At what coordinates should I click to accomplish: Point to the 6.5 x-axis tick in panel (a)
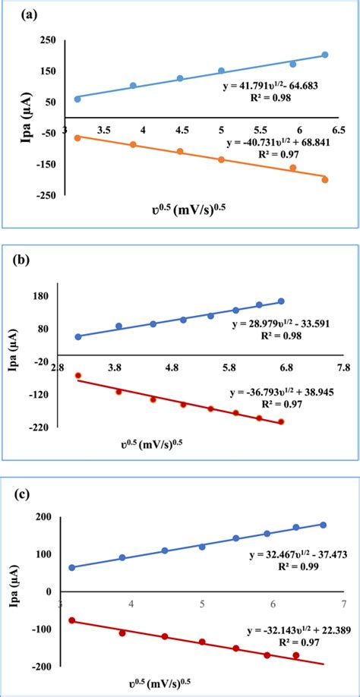(338, 131)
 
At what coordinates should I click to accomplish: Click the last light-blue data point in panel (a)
(325, 55)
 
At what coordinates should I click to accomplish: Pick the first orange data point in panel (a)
(77, 137)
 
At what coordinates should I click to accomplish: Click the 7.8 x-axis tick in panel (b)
(343, 368)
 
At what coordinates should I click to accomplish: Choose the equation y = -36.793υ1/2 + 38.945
(279, 394)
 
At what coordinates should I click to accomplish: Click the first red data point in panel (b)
(77, 376)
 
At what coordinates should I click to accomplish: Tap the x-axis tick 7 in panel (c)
(343, 604)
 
